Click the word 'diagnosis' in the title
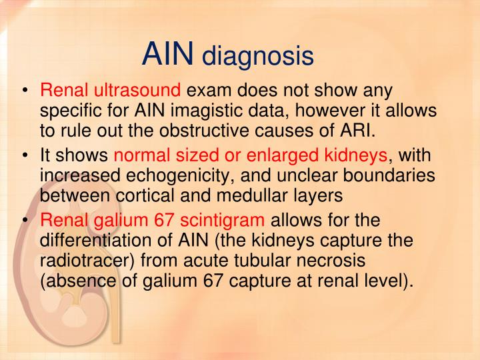click(x=257, y=56)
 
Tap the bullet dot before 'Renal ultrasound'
click(x=25, y=89)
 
